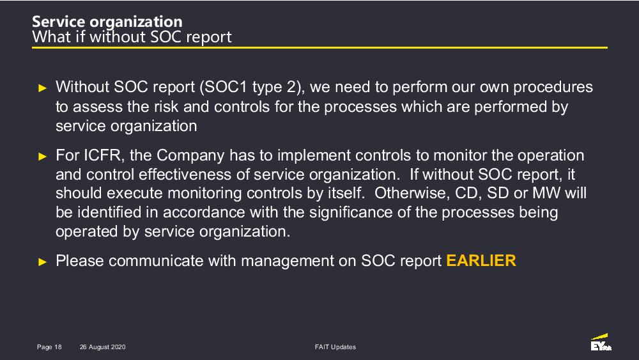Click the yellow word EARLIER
(x=481, y=260)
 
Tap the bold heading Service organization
(x=107, y=22)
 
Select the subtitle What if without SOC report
(x=132, y=36)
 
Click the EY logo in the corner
(x=601, y=342)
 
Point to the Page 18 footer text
(x=49, y=347)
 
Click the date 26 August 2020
(x=103, y=347)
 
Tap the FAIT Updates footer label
(x=335, y=347)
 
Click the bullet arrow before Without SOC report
(x=42, y=88)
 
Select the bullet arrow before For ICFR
(x=42, y=156)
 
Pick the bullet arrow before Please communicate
(x=42, y=262)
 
